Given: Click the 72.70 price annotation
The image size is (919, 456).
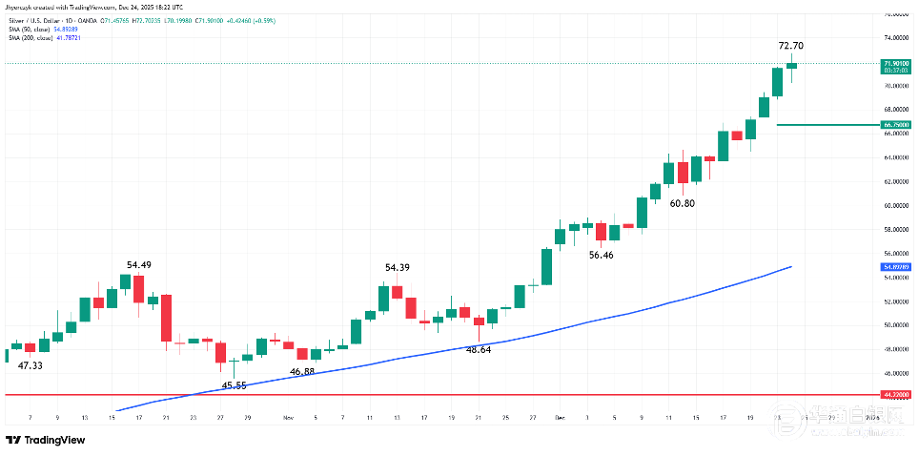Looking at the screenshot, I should pos(790,45).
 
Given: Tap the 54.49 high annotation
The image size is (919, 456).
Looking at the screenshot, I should pos(140,264).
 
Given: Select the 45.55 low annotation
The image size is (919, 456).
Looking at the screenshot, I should pos(235,385).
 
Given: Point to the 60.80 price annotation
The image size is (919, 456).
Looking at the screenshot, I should pos(682,203).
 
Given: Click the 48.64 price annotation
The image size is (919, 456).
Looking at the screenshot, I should pos(479,350).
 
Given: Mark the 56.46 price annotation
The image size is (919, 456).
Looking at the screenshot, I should pos(601,255).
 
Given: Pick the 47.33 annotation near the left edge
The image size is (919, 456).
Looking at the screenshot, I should pos(31,365).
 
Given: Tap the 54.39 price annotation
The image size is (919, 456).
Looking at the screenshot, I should pos(398,268).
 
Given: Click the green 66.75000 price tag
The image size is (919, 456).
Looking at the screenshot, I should pos(888,125).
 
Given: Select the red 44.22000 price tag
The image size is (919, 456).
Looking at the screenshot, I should pos(888,394).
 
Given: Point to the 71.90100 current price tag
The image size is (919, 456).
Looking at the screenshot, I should pos(888,62).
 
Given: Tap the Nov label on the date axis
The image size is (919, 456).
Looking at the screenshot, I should pos(288,418).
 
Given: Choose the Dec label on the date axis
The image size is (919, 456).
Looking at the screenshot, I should pos(561,418).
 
